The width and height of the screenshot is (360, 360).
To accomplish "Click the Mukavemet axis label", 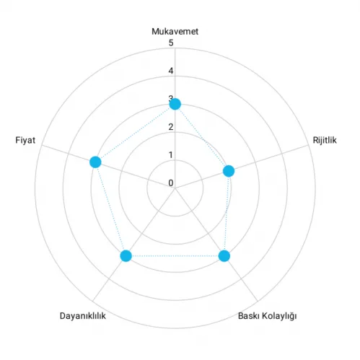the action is (175, 32).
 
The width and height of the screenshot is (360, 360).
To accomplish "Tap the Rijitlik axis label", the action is (325, 140).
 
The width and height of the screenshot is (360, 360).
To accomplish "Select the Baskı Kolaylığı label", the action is (267, 316).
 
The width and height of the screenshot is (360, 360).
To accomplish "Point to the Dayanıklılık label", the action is (82, 316).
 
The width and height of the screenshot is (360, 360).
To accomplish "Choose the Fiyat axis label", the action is (25, 140).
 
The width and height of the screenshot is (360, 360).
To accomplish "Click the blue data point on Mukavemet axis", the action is (175, 104).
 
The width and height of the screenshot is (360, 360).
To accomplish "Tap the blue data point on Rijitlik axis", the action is (229, 171).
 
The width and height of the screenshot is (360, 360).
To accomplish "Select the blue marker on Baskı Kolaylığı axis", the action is (224, 256).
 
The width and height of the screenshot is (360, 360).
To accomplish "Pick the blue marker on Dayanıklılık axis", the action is (126, 255).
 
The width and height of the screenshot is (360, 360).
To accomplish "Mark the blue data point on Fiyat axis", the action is (95, 162).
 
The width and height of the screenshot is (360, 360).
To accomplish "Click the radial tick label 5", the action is (171, 43).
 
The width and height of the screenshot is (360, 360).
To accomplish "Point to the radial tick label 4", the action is (171, 71).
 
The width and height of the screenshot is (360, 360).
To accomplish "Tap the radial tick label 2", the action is (171, 127).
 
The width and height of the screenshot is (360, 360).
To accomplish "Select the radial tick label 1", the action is (171, 155).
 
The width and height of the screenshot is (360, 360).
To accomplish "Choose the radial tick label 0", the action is (171, 183).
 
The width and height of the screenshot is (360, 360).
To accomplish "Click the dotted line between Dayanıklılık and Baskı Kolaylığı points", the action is (175, 256).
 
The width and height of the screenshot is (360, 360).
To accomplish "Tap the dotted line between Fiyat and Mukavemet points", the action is (135, 133).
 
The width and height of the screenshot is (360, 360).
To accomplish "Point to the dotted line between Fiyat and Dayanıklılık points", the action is (110, 208).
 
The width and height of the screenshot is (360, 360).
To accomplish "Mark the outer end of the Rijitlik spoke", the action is (308, 145).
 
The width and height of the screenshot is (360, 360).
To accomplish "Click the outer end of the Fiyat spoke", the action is (42, 145).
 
